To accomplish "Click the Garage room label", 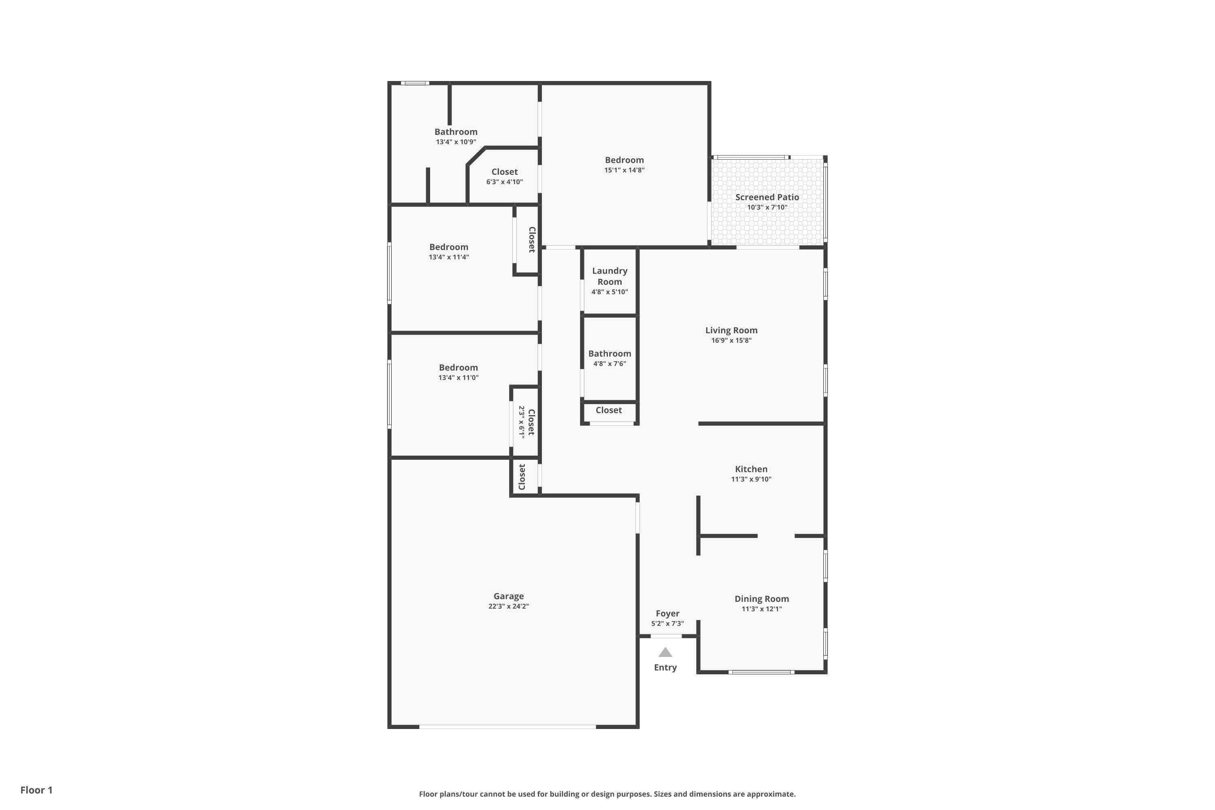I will pyautogui.click(x=508, y=596).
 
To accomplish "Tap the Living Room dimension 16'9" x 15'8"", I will pyautogui.click(x=731, y=341).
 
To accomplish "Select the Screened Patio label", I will pyautogui.click(x=767, y=197).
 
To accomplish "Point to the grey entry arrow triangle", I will pyautogui.click(x=665, y=652).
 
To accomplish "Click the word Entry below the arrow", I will pyautogui.click(x=665, y=667).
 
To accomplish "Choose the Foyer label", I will pyautogui.click(x=667, y=613).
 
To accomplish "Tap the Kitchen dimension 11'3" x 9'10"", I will pyautogui.click(x=751, y=480).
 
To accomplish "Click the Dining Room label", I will pyautogui.click(x=761, y=599).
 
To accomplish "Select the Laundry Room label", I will pyautogui.click(x=610, y=276).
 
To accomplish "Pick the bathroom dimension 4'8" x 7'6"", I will pyautogui.click(x=610, y=364).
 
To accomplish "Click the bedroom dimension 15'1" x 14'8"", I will pyautogui.click(x=624, y=170).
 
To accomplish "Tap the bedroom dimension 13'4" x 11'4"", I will pyautogui.click(x=448, y=257).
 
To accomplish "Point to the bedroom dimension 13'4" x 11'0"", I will pyautogui.click(x=458, y=377).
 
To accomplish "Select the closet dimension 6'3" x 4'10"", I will pyautogui.click(x=504, y=182).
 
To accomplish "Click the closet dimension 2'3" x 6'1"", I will pyautogui.click(x=522, y=422).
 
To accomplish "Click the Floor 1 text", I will pyautogui.click(x=36, y=790).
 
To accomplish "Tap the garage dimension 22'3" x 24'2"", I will pyautogui.click(x=508, y=606).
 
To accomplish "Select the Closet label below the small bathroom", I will pyautogui.click(x=609, y=410).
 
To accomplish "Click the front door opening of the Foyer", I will pyautogui.click(x=666, y=636).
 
